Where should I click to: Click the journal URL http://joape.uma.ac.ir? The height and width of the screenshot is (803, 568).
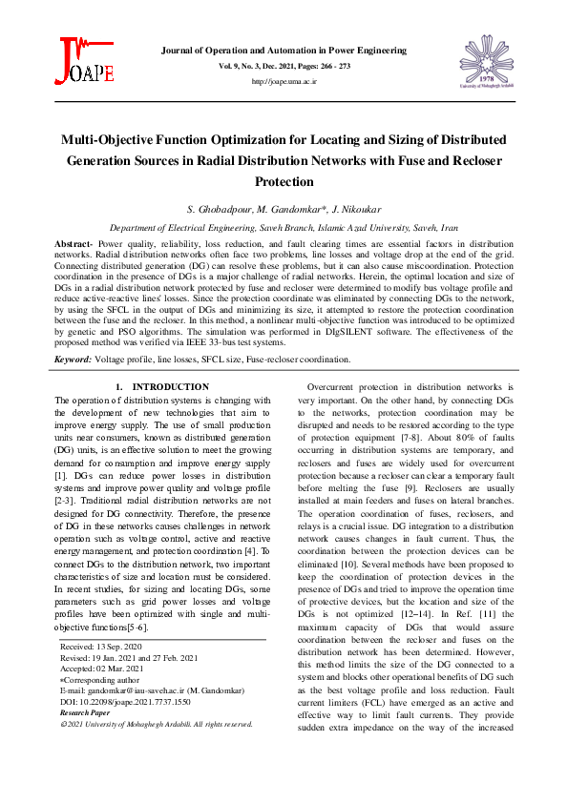(x=284, y=82)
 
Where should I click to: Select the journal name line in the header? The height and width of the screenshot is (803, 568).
(x=284, y=49)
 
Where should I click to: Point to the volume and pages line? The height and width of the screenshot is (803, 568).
(x=284, y=65)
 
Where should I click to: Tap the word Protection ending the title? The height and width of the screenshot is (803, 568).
(x=284, y=181)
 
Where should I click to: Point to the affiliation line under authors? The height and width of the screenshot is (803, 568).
(x=284, y=229)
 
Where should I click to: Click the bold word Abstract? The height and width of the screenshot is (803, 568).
(x=74, y=245)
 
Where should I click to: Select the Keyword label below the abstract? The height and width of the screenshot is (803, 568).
(x=73, y=360)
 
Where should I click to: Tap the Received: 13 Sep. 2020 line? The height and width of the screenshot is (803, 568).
(x=101, y=646)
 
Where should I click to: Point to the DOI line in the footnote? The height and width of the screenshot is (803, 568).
(x=124, y=701)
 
